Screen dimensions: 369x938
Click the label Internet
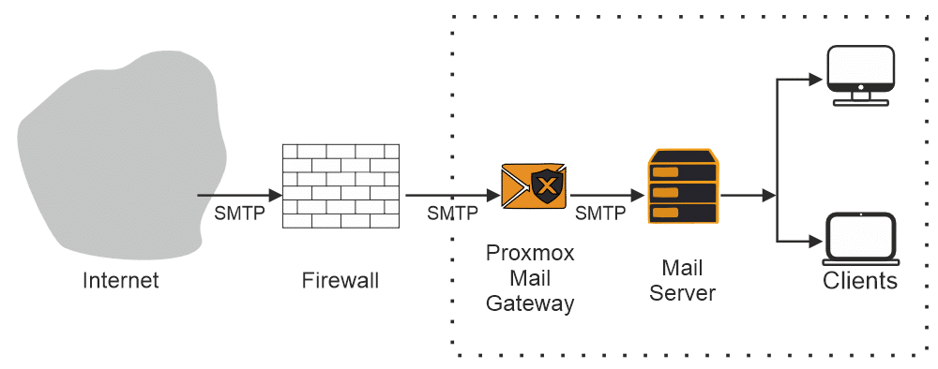pyautogui.click(x=121, y=280)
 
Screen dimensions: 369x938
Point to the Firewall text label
pyautogui.click(x=340, y=280)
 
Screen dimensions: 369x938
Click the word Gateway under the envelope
pyautogui.click(x=530, y=303)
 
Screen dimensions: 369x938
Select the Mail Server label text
pyautogui.click(x=682, y=281)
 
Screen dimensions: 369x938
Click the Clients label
pyautogui.click(x=860, y=281)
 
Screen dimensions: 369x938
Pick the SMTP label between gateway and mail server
pyautogui.click(x=600, y=214)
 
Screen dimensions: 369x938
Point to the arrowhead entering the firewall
pyautogui.click(x=275, y=196)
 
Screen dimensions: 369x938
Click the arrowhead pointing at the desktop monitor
pyautogui.click(x=815, y=79)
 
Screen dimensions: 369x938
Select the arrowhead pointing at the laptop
pyautogui.click(x=815, y=240)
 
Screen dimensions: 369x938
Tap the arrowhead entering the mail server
pyautogui.click(x=639, y=196)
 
